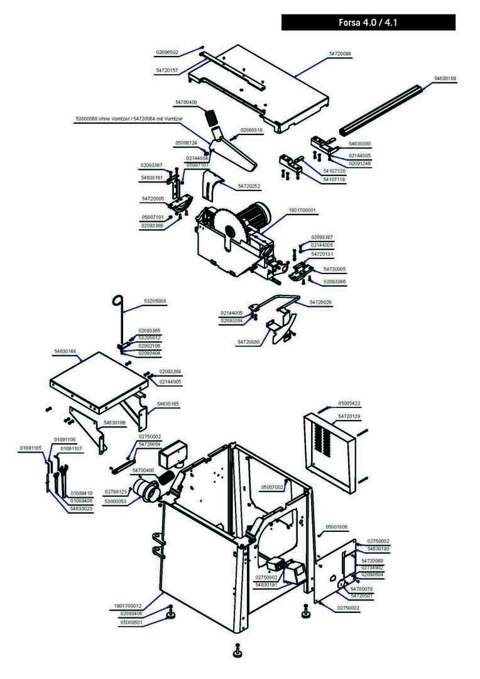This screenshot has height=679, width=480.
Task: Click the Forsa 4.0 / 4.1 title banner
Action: coord(368,23)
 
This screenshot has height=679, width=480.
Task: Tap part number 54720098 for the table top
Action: coord(340,55)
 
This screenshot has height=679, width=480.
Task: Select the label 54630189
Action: coord(445,79)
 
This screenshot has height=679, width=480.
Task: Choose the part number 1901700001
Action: coord(302,211)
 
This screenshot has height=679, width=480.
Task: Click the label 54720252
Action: coord(249,187)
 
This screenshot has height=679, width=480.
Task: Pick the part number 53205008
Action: coord(155,301)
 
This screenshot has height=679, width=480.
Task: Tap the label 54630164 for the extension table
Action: coord(65,351)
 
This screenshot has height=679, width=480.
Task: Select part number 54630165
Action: coord(168,404)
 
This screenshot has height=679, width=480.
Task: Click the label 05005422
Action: coord(349,403)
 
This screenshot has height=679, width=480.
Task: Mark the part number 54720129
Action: coord(349,416)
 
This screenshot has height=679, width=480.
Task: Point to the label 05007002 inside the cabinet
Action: coord(272,487)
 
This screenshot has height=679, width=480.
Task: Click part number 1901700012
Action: coord(128,605)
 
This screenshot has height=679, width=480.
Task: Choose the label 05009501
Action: coord(131,622)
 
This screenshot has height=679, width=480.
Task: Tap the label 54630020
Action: coord(81,508)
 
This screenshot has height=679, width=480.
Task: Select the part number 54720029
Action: coord(320,302)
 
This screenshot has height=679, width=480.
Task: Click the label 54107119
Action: coord(334,179)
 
